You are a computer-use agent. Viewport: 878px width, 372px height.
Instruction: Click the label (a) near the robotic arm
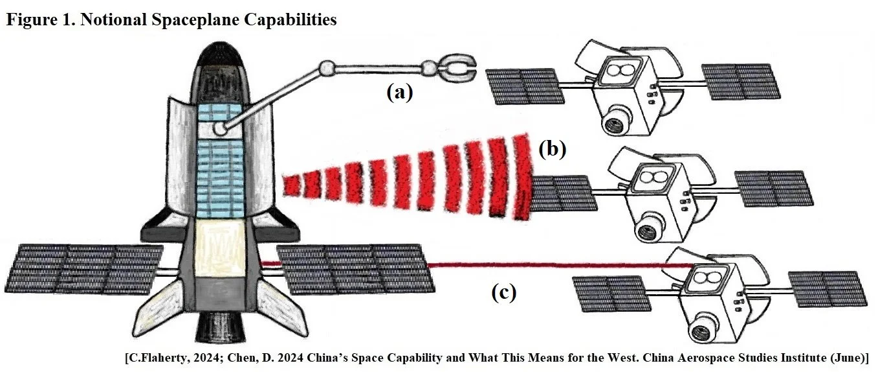399,93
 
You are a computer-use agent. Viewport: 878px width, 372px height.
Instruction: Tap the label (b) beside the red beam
552,150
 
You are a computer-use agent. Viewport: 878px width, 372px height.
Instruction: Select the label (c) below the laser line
503,293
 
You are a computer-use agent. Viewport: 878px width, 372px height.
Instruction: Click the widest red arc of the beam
521,175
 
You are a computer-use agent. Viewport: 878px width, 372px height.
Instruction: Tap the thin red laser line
550,265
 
